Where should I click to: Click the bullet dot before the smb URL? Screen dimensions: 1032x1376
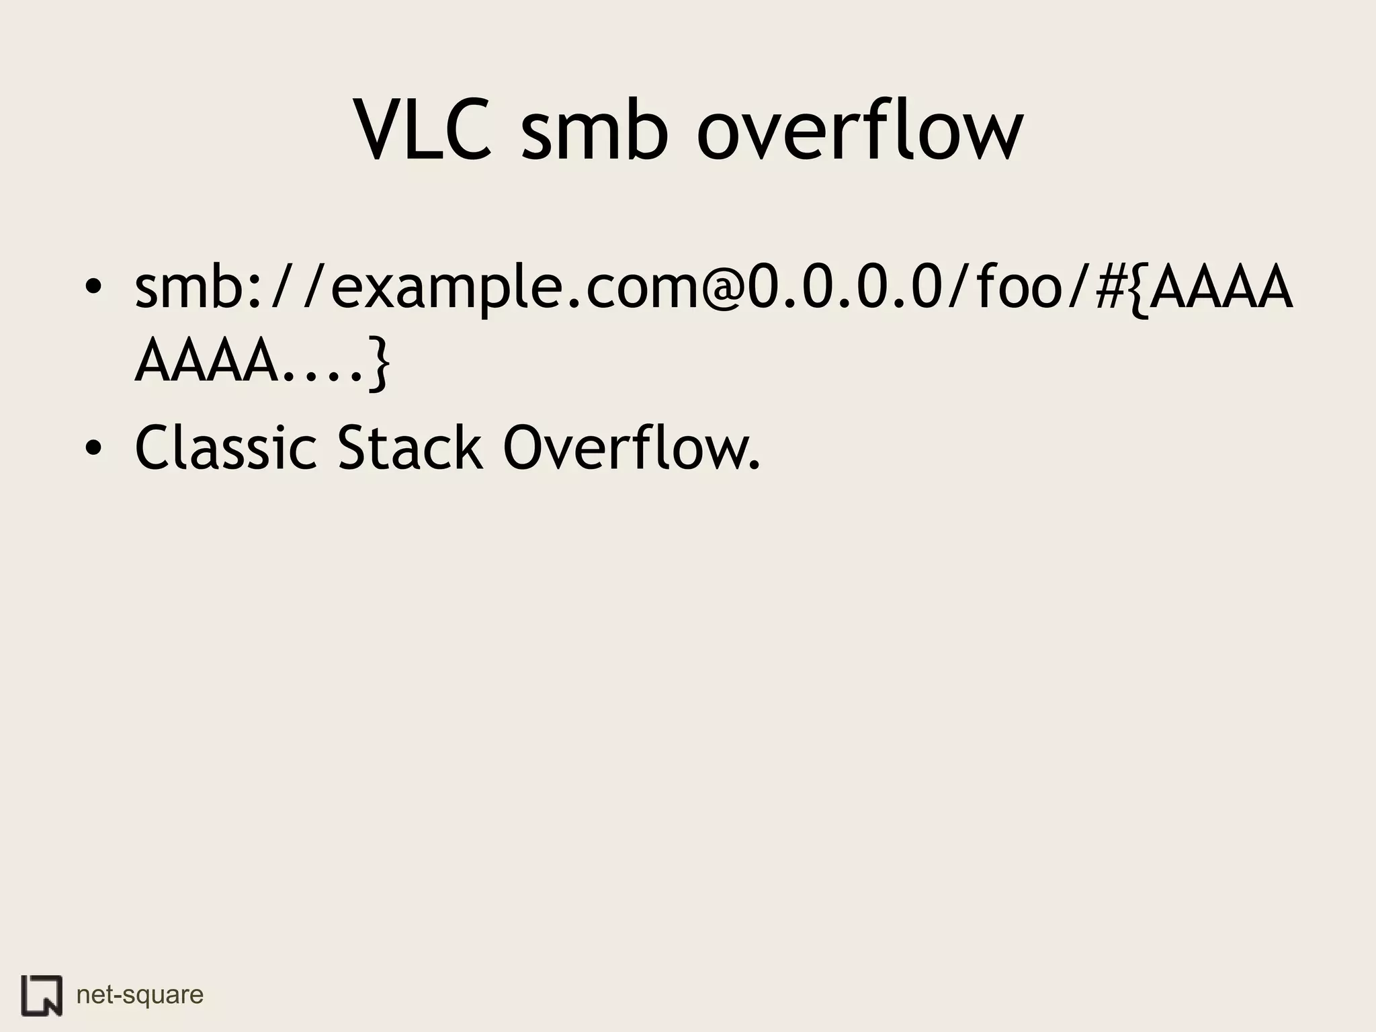click(x=93, y=287)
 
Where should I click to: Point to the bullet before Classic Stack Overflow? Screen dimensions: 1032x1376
click(x=93, y=447)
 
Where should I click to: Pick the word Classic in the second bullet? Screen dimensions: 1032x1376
click(x=225, y=447)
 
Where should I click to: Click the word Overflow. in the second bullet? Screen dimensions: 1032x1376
click(x=632, y=447)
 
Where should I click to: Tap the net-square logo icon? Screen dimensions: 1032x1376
click(x=41, y=995)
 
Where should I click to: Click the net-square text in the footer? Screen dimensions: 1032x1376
click(x=140, y=994)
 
